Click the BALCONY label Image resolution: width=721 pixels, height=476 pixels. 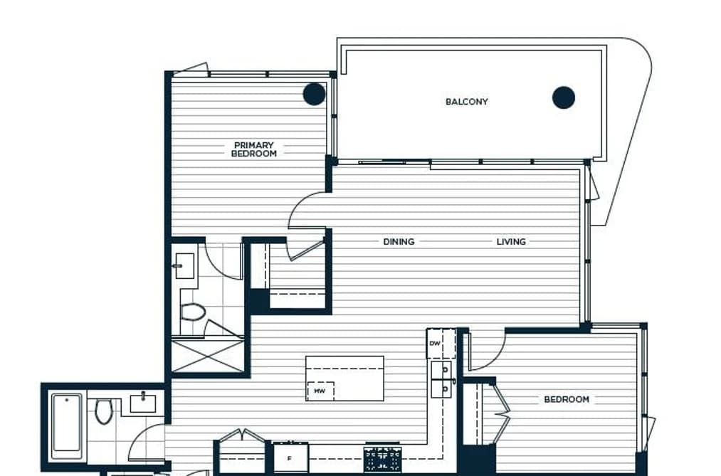tap(466, 102)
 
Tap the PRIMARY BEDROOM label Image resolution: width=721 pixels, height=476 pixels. tap(254, 149)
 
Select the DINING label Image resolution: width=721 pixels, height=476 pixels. tap(399, 242)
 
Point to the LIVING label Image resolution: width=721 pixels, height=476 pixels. tap(511, 242)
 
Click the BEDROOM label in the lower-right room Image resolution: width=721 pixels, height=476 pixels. tap(567, 399)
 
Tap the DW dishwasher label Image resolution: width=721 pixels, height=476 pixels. tap(435, 344)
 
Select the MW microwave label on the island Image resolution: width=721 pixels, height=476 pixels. tap(320, 391)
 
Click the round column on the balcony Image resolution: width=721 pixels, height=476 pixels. tap(563, 97)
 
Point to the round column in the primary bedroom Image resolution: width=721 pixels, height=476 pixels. tap(315, 94)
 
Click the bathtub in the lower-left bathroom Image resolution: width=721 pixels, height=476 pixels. tap(67, 425)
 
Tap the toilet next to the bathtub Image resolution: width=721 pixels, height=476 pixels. tap(103, 411)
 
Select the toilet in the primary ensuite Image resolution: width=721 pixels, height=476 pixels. tap(193, 312)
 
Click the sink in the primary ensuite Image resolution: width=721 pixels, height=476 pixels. tap(184, 265)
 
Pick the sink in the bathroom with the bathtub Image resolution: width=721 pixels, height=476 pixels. tap(143, 403)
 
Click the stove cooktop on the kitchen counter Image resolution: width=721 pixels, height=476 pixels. tap(382, 460)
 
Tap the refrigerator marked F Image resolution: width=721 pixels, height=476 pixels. tap(290, 458)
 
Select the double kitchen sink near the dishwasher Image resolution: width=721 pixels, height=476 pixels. tap(441, 379)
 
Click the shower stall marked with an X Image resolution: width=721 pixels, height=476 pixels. tap(207, 355)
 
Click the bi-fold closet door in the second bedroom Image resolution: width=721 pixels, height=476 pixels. tap(501, 413)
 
